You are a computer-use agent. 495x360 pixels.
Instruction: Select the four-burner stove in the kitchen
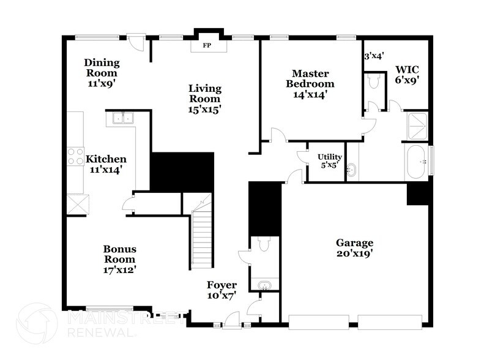(75, 156)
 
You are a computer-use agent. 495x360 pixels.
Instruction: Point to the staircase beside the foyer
(201, 236)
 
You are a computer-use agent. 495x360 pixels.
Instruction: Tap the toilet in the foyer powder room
(264, 246)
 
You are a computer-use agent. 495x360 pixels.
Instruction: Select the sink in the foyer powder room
(264, 285)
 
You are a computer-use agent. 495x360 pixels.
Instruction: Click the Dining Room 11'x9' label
(102, 72)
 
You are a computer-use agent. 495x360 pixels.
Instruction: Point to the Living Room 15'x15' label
(204, 99)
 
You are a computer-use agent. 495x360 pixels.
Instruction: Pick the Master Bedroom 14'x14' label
(312, 84)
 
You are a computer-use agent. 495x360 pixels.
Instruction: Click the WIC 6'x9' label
(407, 74)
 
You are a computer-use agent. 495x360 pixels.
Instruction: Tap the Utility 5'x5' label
(329, 160)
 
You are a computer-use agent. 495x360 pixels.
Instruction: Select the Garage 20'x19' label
(354, 247)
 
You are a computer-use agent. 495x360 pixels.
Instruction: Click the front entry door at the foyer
(231, 320)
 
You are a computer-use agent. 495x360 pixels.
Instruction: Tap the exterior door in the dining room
(135, 42)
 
